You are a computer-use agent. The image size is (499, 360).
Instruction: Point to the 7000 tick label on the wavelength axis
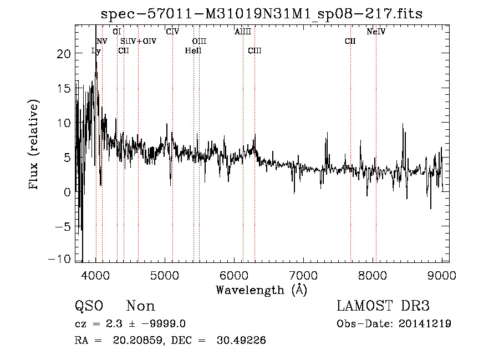[x=303, y=274]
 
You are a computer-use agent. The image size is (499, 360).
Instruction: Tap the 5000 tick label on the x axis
[x=165, y=274]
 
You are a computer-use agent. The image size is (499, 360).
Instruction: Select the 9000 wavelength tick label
[x=441, y=274]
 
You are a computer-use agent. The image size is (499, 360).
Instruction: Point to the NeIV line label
[x=376, y=32]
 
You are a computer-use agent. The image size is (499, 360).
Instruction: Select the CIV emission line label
[x=172, y=32]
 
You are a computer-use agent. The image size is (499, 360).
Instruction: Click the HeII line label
[x=193, y=51]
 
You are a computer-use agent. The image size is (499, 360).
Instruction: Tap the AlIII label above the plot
[x=243, y=32]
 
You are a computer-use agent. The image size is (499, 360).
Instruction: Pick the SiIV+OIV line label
[x=139, y=42]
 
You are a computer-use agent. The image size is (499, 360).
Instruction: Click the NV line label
[x=102, y=42]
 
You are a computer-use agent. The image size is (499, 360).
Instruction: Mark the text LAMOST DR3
[x=383, y=306]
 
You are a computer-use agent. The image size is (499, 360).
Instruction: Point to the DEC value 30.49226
[x=241, y=341]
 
